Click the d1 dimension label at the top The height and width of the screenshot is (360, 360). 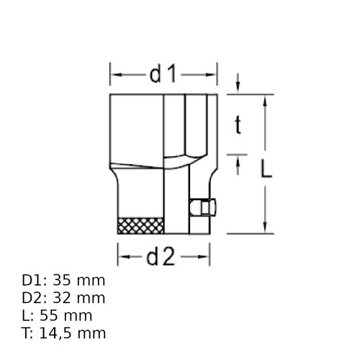[x=163, y=73]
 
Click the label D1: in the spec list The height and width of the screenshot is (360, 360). [x=35, y=280]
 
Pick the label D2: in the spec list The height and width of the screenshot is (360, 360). [x=35, y=297]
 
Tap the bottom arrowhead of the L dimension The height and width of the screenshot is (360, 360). [x=266, y=228]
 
